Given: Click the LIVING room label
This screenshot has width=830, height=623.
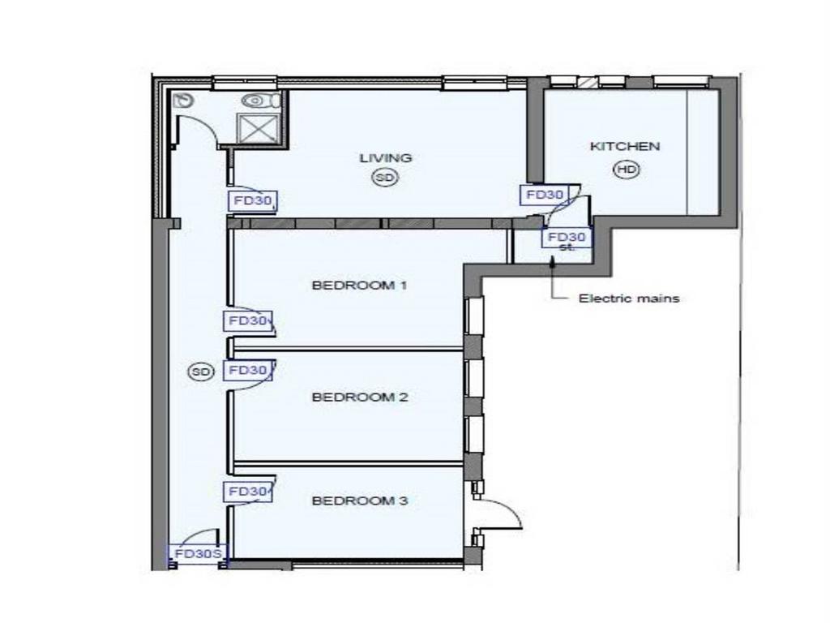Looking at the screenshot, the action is point(385,158).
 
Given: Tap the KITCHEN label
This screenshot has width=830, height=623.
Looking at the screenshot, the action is point(625,146).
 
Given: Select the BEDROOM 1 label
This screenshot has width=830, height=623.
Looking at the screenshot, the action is point(359,286).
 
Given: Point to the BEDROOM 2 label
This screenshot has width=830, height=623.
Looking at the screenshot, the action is point(360,397).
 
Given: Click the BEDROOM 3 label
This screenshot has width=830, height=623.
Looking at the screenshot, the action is point(360,501).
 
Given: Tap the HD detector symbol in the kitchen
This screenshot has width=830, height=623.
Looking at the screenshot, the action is point(627,170).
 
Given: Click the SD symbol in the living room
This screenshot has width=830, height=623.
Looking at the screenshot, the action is point(385,178).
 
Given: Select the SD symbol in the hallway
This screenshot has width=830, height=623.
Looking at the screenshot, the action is point(201,372).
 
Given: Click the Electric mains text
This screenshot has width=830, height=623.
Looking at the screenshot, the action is point(629,299).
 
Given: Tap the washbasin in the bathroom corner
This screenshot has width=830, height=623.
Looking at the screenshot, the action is point(183,100).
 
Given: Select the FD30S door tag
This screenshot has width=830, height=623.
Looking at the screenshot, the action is point(198,554).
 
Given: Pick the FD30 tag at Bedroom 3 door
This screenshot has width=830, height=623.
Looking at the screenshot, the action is point(247,492).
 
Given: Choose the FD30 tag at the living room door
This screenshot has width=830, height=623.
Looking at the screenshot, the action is point(253,201).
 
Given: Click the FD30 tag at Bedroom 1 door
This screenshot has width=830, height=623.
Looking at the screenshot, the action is point(247,321).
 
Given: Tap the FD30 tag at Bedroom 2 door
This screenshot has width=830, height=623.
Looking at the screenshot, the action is point(247,370).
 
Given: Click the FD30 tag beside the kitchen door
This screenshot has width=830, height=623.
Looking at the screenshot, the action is point(545,195).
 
